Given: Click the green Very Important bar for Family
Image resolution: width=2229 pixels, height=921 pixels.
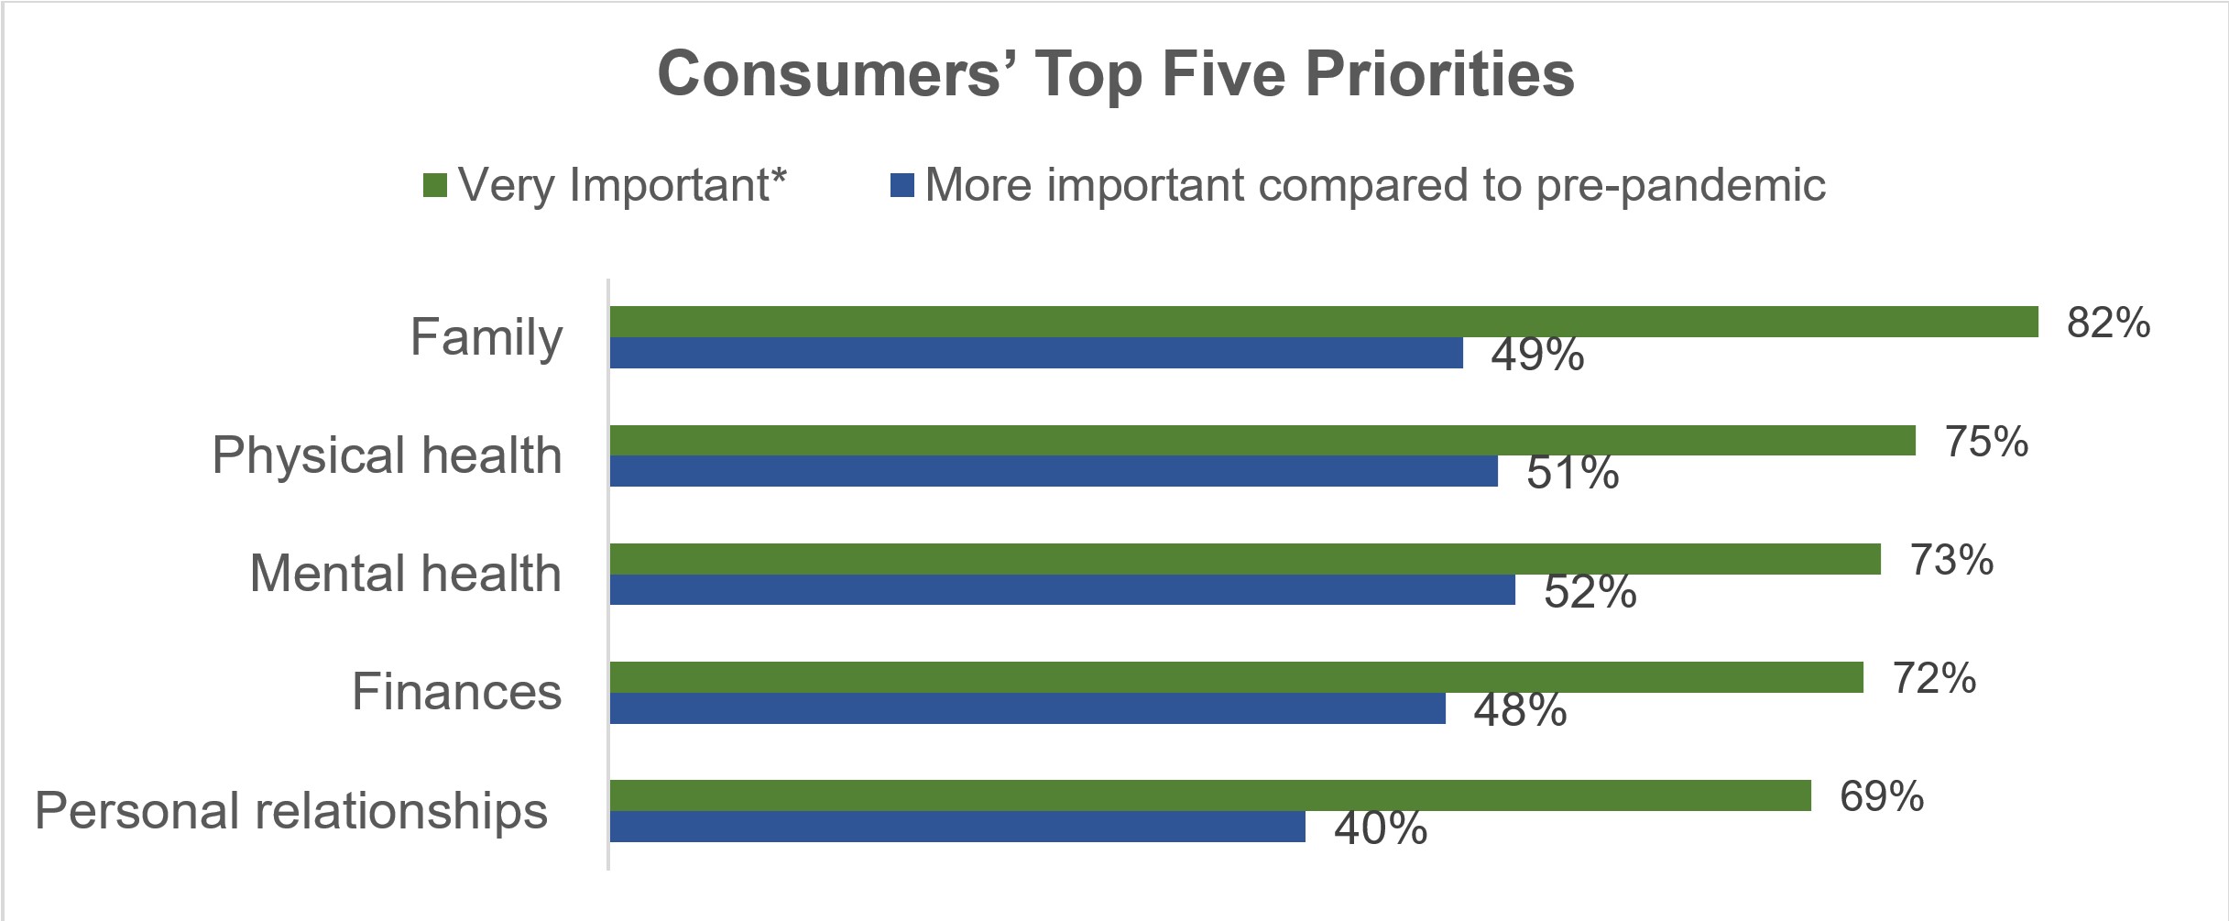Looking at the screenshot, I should [x=1323, y=322].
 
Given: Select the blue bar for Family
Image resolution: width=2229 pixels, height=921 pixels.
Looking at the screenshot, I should [x=1035, y=353].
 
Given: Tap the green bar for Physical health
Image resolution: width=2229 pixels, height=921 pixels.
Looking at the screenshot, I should [x=1262, y=440].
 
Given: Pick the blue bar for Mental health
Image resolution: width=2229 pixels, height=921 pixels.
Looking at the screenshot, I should [x=1062, y=589].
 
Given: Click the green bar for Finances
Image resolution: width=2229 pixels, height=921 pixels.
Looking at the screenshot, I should [x=1236, y=677].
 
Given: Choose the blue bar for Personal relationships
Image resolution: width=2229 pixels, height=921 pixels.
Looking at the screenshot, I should [x=956, y=827].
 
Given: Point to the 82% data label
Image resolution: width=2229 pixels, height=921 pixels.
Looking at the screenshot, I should [x=2107, y=323].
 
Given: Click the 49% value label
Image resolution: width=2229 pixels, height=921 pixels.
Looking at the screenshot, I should [x=1536, y=355].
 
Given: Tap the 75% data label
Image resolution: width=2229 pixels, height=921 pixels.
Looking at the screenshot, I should [x=1985, y=442].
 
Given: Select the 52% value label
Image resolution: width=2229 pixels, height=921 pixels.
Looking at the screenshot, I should [x=1590, y=592].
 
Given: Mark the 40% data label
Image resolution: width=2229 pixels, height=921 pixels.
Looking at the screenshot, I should [x=1380, y=828].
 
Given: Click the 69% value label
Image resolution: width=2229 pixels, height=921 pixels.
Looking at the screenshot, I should [x=1881, y=796].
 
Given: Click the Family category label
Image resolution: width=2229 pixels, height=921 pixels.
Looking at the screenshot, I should [x=486, y=337].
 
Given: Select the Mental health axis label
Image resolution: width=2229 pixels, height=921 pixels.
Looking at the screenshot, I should [x=405, y=574].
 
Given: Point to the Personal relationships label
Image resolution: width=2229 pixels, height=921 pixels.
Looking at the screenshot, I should [x=291, y=811].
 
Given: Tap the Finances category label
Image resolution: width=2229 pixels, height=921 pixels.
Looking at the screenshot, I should [x=456, y=692].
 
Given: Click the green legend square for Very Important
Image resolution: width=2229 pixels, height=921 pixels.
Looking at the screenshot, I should [x=434, y=185].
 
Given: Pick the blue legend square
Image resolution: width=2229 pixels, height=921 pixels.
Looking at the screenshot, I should [x=901, y=185].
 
